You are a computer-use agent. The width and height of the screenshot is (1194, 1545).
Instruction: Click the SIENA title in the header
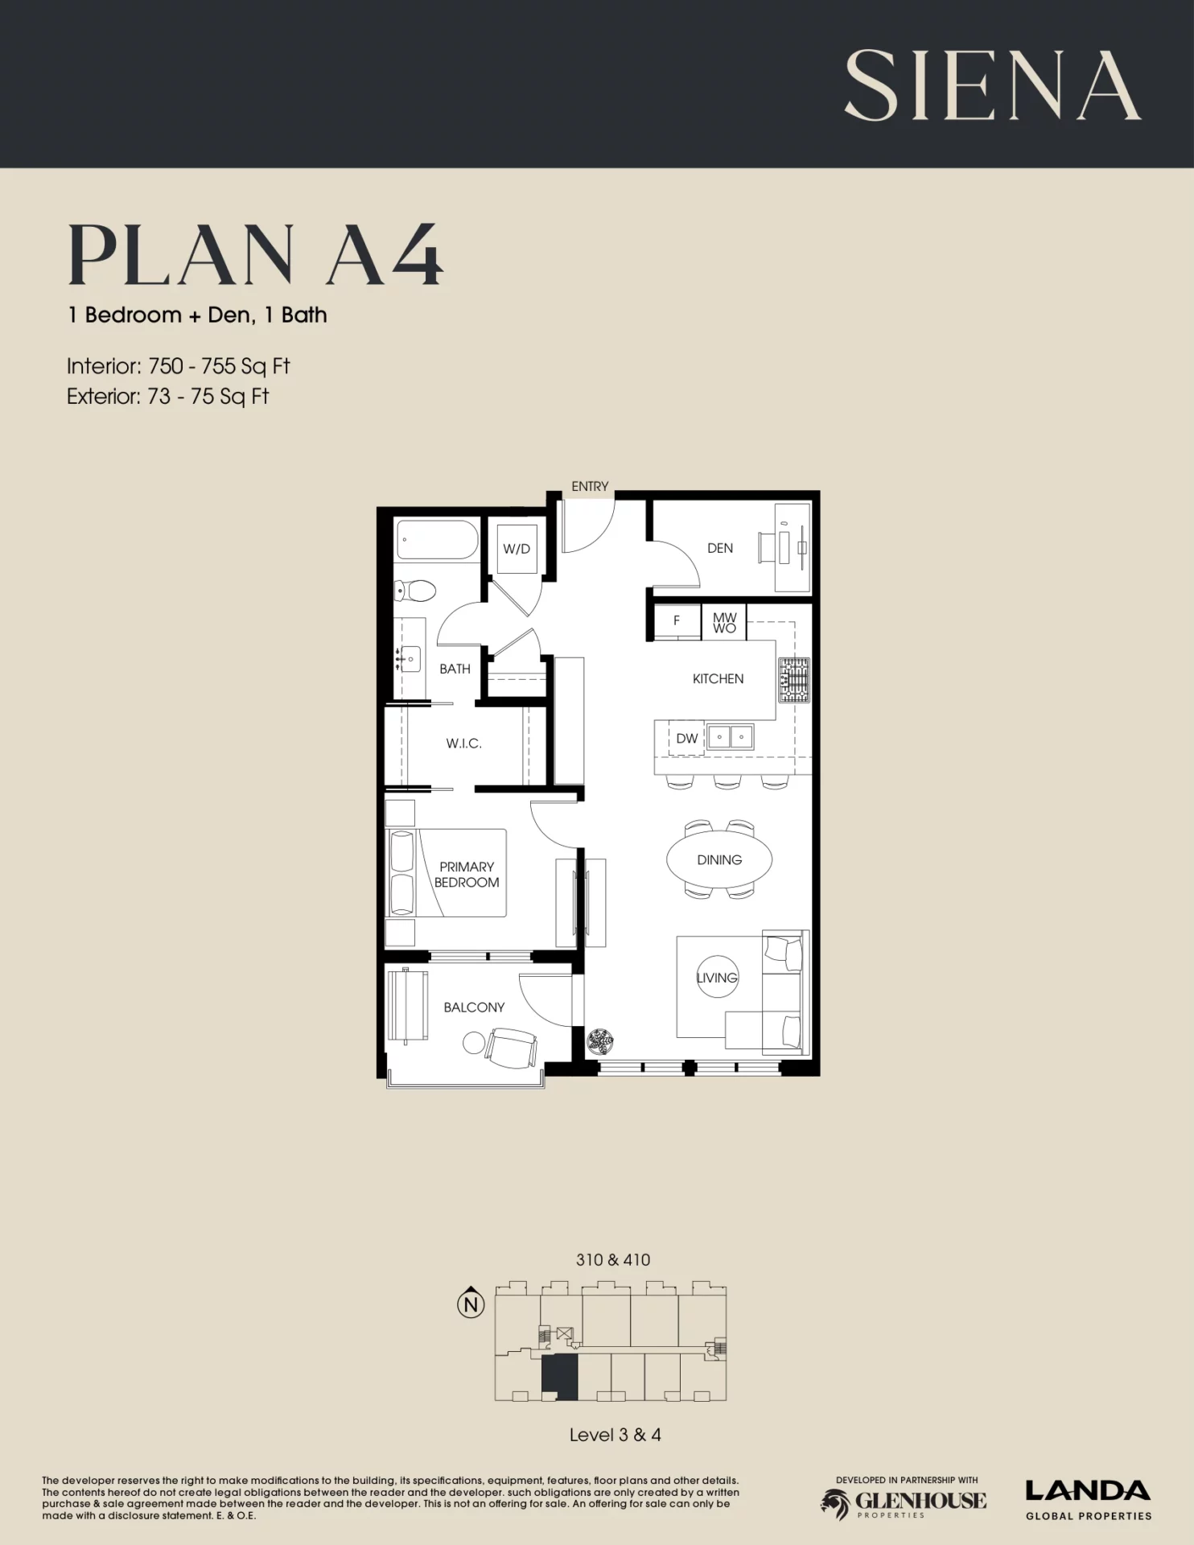point(992,85)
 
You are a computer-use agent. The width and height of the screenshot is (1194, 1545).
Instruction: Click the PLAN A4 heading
point(255,255)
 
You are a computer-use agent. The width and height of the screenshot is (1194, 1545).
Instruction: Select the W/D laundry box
point(517,549)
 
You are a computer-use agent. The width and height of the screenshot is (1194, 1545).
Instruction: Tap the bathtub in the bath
point(438,539)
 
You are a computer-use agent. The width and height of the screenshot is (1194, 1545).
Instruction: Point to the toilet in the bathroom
point(415,591)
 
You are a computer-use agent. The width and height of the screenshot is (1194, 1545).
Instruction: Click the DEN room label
point(720,548)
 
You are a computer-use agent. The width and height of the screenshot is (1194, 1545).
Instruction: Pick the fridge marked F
point(677,620)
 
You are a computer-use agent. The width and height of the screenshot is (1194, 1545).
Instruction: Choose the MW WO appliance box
point(724,623)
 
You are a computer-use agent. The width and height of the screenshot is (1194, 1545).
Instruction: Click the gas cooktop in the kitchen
point(793,679)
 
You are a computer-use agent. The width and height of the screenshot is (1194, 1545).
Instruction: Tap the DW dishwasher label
point(687,738)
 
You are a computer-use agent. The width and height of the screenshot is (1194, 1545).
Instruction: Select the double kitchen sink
point(731,736)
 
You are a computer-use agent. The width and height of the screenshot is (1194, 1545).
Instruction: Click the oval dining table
point(719,859)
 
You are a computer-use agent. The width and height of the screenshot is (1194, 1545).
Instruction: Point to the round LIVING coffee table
point(717,978)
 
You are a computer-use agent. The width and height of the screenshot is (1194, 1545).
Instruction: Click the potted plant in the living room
point(599,1042)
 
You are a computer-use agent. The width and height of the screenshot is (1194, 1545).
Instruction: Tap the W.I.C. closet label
point(464,744)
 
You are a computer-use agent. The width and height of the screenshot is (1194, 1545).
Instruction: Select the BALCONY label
point(474,1007)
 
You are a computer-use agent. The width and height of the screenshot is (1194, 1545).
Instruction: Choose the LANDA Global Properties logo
point(1089,1501)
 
